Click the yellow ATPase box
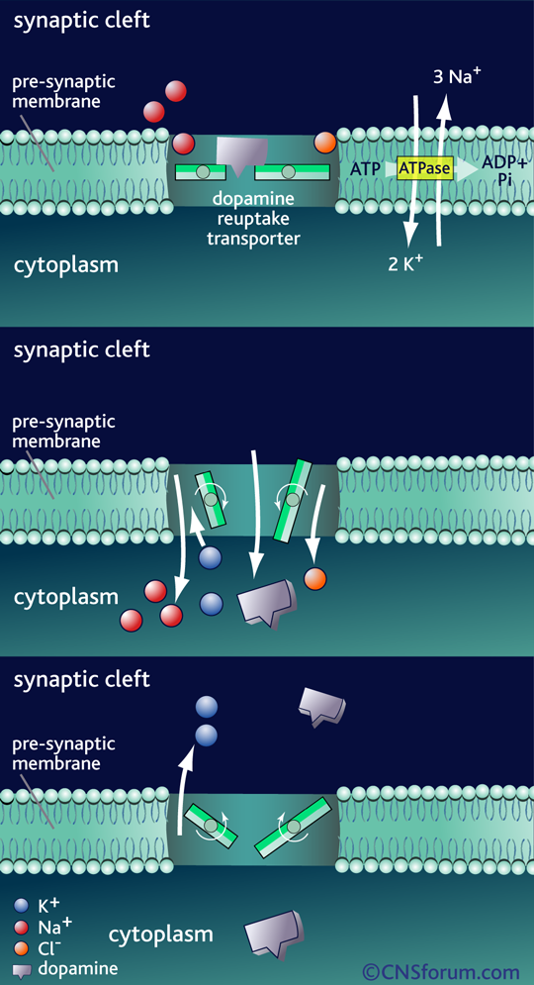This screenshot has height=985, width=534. pyautogui.click(x=425, y=168)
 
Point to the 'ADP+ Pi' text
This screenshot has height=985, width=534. pyautogui.click(x=504, y=169)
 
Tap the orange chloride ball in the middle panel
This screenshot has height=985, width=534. pyautogui.click(x=315, y=578)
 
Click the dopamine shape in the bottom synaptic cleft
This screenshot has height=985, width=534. pyautogui.click(x=322, y=708)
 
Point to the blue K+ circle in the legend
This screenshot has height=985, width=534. pyautogui.click(x=22, y=905)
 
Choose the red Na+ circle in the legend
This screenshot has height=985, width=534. pyautogui.click(x=22, y=926)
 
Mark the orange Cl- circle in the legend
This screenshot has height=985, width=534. pyautogui.click(x=22, y=946)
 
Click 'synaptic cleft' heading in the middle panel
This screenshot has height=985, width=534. pyautogui.click(x=82, y=349)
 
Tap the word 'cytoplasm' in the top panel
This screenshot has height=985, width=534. pyautogui.click(x=66, y=265)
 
